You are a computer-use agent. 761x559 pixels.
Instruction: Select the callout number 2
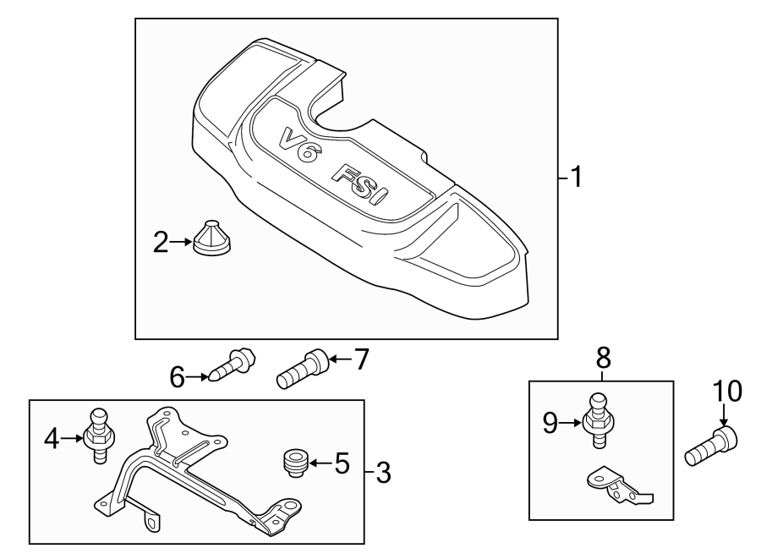(x=161, y=244)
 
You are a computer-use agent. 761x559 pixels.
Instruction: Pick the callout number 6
(x=177, y=377)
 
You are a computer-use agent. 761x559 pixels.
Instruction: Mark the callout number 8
(x=601, y=359)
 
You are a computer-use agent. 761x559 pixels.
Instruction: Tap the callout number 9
(x=550, y=422)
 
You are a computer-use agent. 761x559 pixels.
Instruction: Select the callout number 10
(x=727, y=392)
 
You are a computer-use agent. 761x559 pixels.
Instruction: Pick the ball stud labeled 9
(x=597, y=416)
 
